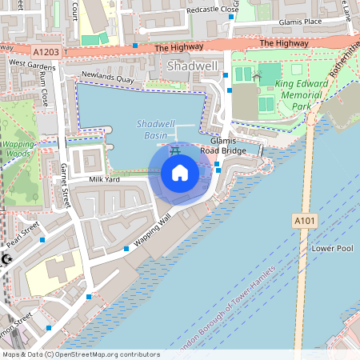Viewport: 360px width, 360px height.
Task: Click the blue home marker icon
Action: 180,173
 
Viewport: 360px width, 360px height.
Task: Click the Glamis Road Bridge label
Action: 223,144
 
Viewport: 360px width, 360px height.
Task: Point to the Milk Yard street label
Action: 104,179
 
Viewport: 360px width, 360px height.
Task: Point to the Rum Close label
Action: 44,86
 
